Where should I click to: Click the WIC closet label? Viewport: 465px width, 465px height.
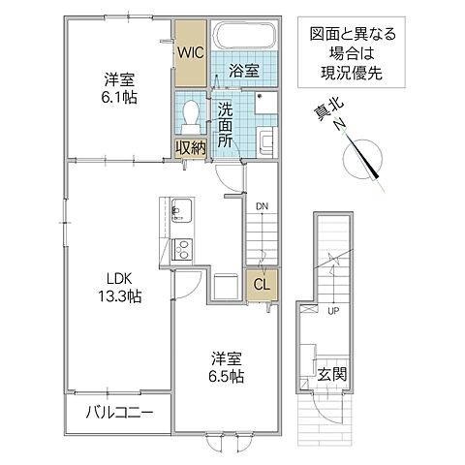(x=188, y=54)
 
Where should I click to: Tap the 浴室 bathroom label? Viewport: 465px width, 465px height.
(x=242, y=72)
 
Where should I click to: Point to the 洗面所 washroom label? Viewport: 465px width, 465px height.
(x=225, y=123)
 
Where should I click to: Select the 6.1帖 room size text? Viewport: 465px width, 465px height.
(x=118, y=99)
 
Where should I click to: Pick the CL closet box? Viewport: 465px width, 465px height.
(x=261, y=284)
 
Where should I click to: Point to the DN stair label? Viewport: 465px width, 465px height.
(x=262, y=205)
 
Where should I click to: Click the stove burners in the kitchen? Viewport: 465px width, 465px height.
(x=181, y=251)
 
